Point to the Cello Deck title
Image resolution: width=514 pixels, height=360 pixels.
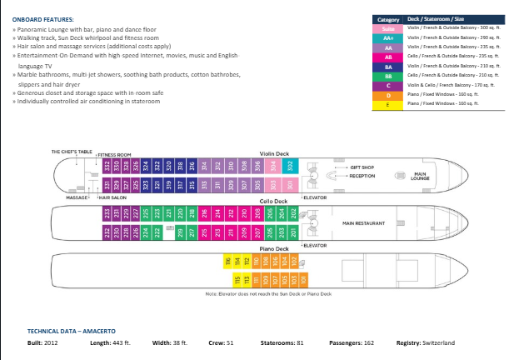[275, 202]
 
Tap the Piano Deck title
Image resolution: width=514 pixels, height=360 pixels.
[272, 250]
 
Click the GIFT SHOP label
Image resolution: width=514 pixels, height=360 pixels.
[362, 168]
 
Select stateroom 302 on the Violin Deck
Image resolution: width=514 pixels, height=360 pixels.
[290, 165]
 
